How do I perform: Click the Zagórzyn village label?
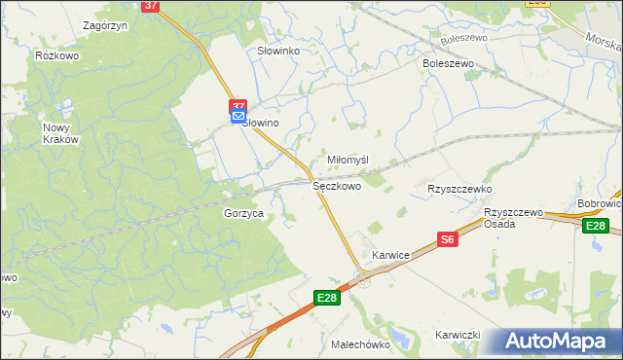[x=107, y=25]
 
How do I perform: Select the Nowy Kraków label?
[x=59, y=133]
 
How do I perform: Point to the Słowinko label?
[x=277, y=51]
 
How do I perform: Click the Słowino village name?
[x=261, y=124]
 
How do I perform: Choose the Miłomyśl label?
[x=348, y=161]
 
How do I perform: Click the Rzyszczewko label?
[x=459, y=189]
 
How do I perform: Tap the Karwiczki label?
[x=458, y=335]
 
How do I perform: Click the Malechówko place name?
[x=360, y=344]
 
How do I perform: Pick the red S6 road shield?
[x=448, y=239]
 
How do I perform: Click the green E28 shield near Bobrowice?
[x=596, y=227]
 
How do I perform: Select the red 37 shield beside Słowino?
[x=238, y=105]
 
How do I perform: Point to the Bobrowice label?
[x=600, y=204]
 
